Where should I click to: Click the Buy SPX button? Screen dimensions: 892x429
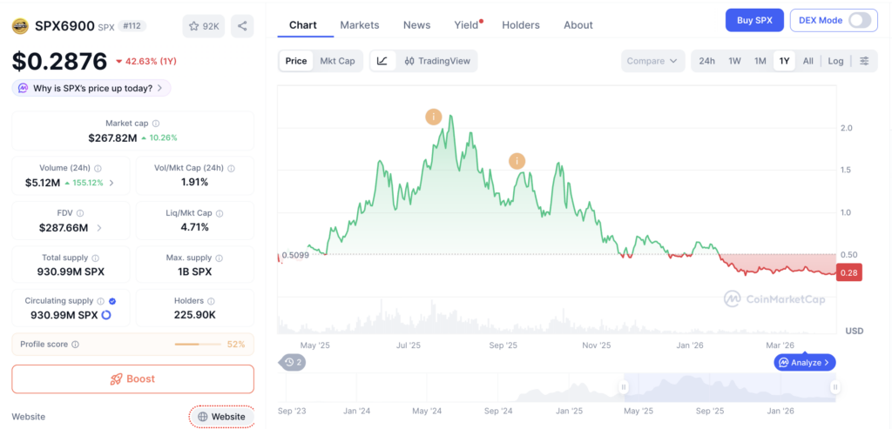[754, 21]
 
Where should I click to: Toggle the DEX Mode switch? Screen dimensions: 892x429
[859, 21]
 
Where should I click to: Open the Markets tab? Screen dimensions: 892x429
[360, 25]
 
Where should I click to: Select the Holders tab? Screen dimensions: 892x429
[521, 25]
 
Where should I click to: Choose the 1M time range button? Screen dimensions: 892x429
[760, 61]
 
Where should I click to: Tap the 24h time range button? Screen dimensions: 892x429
[707, 61]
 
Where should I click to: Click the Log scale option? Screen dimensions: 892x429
[835, 61]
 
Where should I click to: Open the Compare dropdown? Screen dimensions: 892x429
[652, 61]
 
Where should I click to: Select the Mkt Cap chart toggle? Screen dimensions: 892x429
[337, 61]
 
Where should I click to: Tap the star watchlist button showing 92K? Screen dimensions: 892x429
[204, 26]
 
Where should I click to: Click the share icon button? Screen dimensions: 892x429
[242, 26]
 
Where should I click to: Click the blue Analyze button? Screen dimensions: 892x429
[805, 362]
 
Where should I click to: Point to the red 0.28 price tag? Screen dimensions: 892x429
[849, 272]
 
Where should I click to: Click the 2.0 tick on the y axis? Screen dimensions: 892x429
[846, 128]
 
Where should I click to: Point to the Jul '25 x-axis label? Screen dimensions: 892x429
[408, 345]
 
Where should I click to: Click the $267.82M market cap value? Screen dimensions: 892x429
[112, 137]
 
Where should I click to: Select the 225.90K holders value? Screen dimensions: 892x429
[194, 315]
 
